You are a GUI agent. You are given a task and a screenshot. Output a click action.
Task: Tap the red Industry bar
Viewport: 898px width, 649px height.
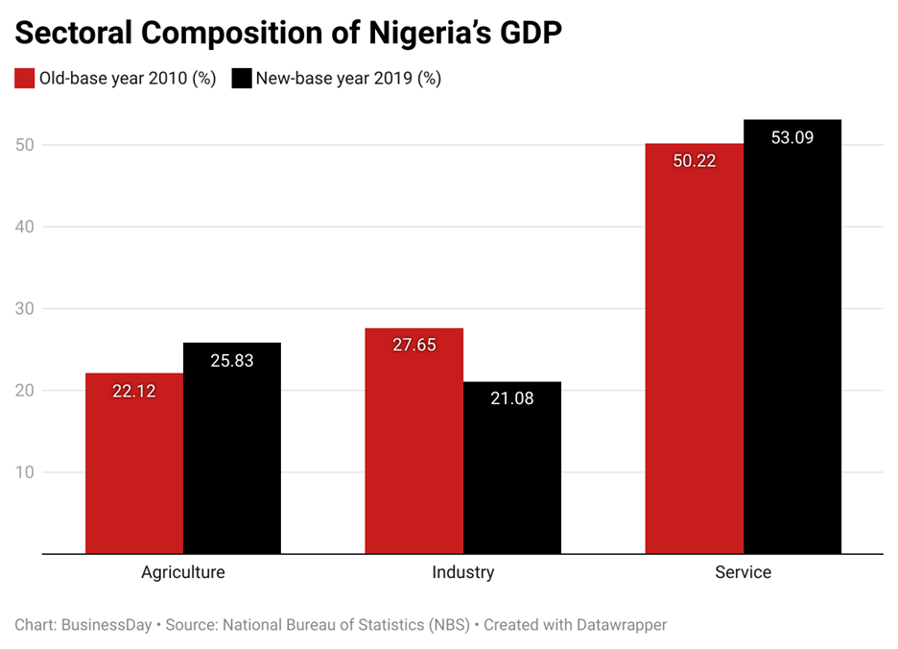pos(414,441)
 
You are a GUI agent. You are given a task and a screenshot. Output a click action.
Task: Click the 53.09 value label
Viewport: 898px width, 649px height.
pos(792,137)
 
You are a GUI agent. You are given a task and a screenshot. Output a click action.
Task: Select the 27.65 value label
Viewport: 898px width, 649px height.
pos(414,345)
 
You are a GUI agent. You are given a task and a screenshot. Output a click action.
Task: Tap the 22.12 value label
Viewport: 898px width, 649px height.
pos(134,391)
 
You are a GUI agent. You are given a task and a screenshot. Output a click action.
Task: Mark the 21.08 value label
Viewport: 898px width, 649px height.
pos(512,397)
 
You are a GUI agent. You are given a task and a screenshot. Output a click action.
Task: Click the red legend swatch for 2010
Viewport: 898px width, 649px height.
pos(24,79)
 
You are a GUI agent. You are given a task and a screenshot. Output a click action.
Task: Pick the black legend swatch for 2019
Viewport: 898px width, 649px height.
pos(241,79)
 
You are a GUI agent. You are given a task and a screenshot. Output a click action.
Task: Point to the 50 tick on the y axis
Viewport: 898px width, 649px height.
pos(25,145)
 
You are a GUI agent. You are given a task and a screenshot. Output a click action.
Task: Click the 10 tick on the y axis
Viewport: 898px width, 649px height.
pos(25,472)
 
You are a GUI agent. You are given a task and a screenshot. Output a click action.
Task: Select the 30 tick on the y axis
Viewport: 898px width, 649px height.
pos(25,309)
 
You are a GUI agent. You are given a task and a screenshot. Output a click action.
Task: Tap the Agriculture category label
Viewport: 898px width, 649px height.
pos(183,572)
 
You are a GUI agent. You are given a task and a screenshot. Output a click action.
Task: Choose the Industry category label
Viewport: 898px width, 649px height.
pos(463,572)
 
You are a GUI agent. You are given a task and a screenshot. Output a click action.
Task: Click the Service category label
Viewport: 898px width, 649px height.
pos(744,572)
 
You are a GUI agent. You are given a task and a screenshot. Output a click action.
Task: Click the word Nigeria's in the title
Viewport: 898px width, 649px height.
pos(412,33)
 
